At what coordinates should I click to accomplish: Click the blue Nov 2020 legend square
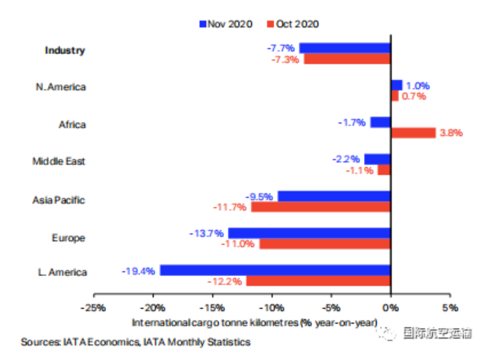point(203,24)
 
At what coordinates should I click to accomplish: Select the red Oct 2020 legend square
point(270,24)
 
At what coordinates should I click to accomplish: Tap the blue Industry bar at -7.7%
point(345,48)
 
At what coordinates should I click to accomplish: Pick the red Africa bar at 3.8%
point(414,133)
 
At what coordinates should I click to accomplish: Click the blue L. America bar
point(275,270)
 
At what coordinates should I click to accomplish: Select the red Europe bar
point(325,244)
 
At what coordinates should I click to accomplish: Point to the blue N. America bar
point(397,85)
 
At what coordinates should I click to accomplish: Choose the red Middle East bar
point(384,170)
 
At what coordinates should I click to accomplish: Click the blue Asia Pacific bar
point(334,196)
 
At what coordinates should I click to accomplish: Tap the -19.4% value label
point(138,272)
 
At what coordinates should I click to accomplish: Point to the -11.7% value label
point(230,207)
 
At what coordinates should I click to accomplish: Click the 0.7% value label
point(414,96)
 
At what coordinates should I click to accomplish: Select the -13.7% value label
point(207,233)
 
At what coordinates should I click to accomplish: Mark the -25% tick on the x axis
point(94,296)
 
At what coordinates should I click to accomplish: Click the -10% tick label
point(272,308)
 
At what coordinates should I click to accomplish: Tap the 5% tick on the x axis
point(450,296)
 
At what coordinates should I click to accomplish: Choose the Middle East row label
point(59,161)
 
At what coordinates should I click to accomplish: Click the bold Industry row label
point(65,50)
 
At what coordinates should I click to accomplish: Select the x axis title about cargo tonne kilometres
point(255,323)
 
